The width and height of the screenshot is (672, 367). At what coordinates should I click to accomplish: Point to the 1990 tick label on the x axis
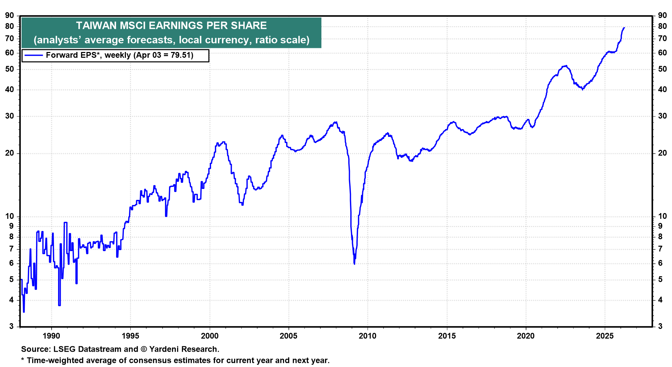coord(51,336)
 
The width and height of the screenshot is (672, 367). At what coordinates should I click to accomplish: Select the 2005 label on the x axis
coord(288,336)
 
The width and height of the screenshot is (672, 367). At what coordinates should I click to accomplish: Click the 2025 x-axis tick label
coord(605,336)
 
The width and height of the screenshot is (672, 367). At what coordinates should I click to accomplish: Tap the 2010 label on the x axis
coord(368,336)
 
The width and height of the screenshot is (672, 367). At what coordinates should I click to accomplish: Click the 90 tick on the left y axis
coord(10,15)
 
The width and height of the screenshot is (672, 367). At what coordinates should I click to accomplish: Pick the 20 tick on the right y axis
coord(662,153)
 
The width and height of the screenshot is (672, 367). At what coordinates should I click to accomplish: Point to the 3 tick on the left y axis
coord(12,326)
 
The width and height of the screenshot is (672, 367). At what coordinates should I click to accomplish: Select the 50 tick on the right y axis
coord(662,69)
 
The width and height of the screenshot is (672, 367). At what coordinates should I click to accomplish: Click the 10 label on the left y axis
coord(10,216)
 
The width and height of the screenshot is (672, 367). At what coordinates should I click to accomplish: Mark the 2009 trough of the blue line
coord(354,264)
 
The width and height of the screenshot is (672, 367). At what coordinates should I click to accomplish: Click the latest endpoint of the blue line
coord(624,28)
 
